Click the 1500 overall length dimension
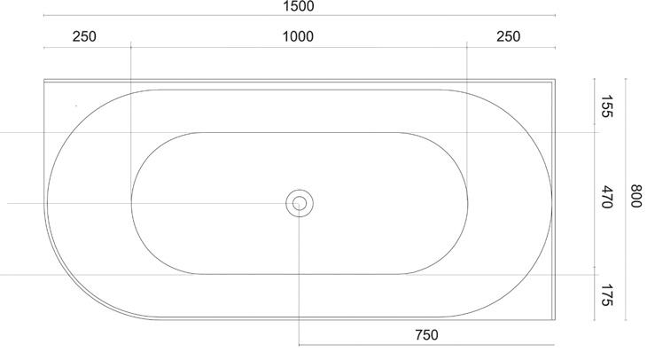pos(299,7)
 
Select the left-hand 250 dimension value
pos(84,36)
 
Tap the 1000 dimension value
pos(298,36)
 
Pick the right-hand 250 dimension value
pos(509,36)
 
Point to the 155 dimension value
pos(606,106)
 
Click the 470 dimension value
pos(606,198)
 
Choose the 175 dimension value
pos(606,295)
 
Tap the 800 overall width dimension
pos(636,196)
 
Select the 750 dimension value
pos(427,335)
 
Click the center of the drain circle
pos(300,204)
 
